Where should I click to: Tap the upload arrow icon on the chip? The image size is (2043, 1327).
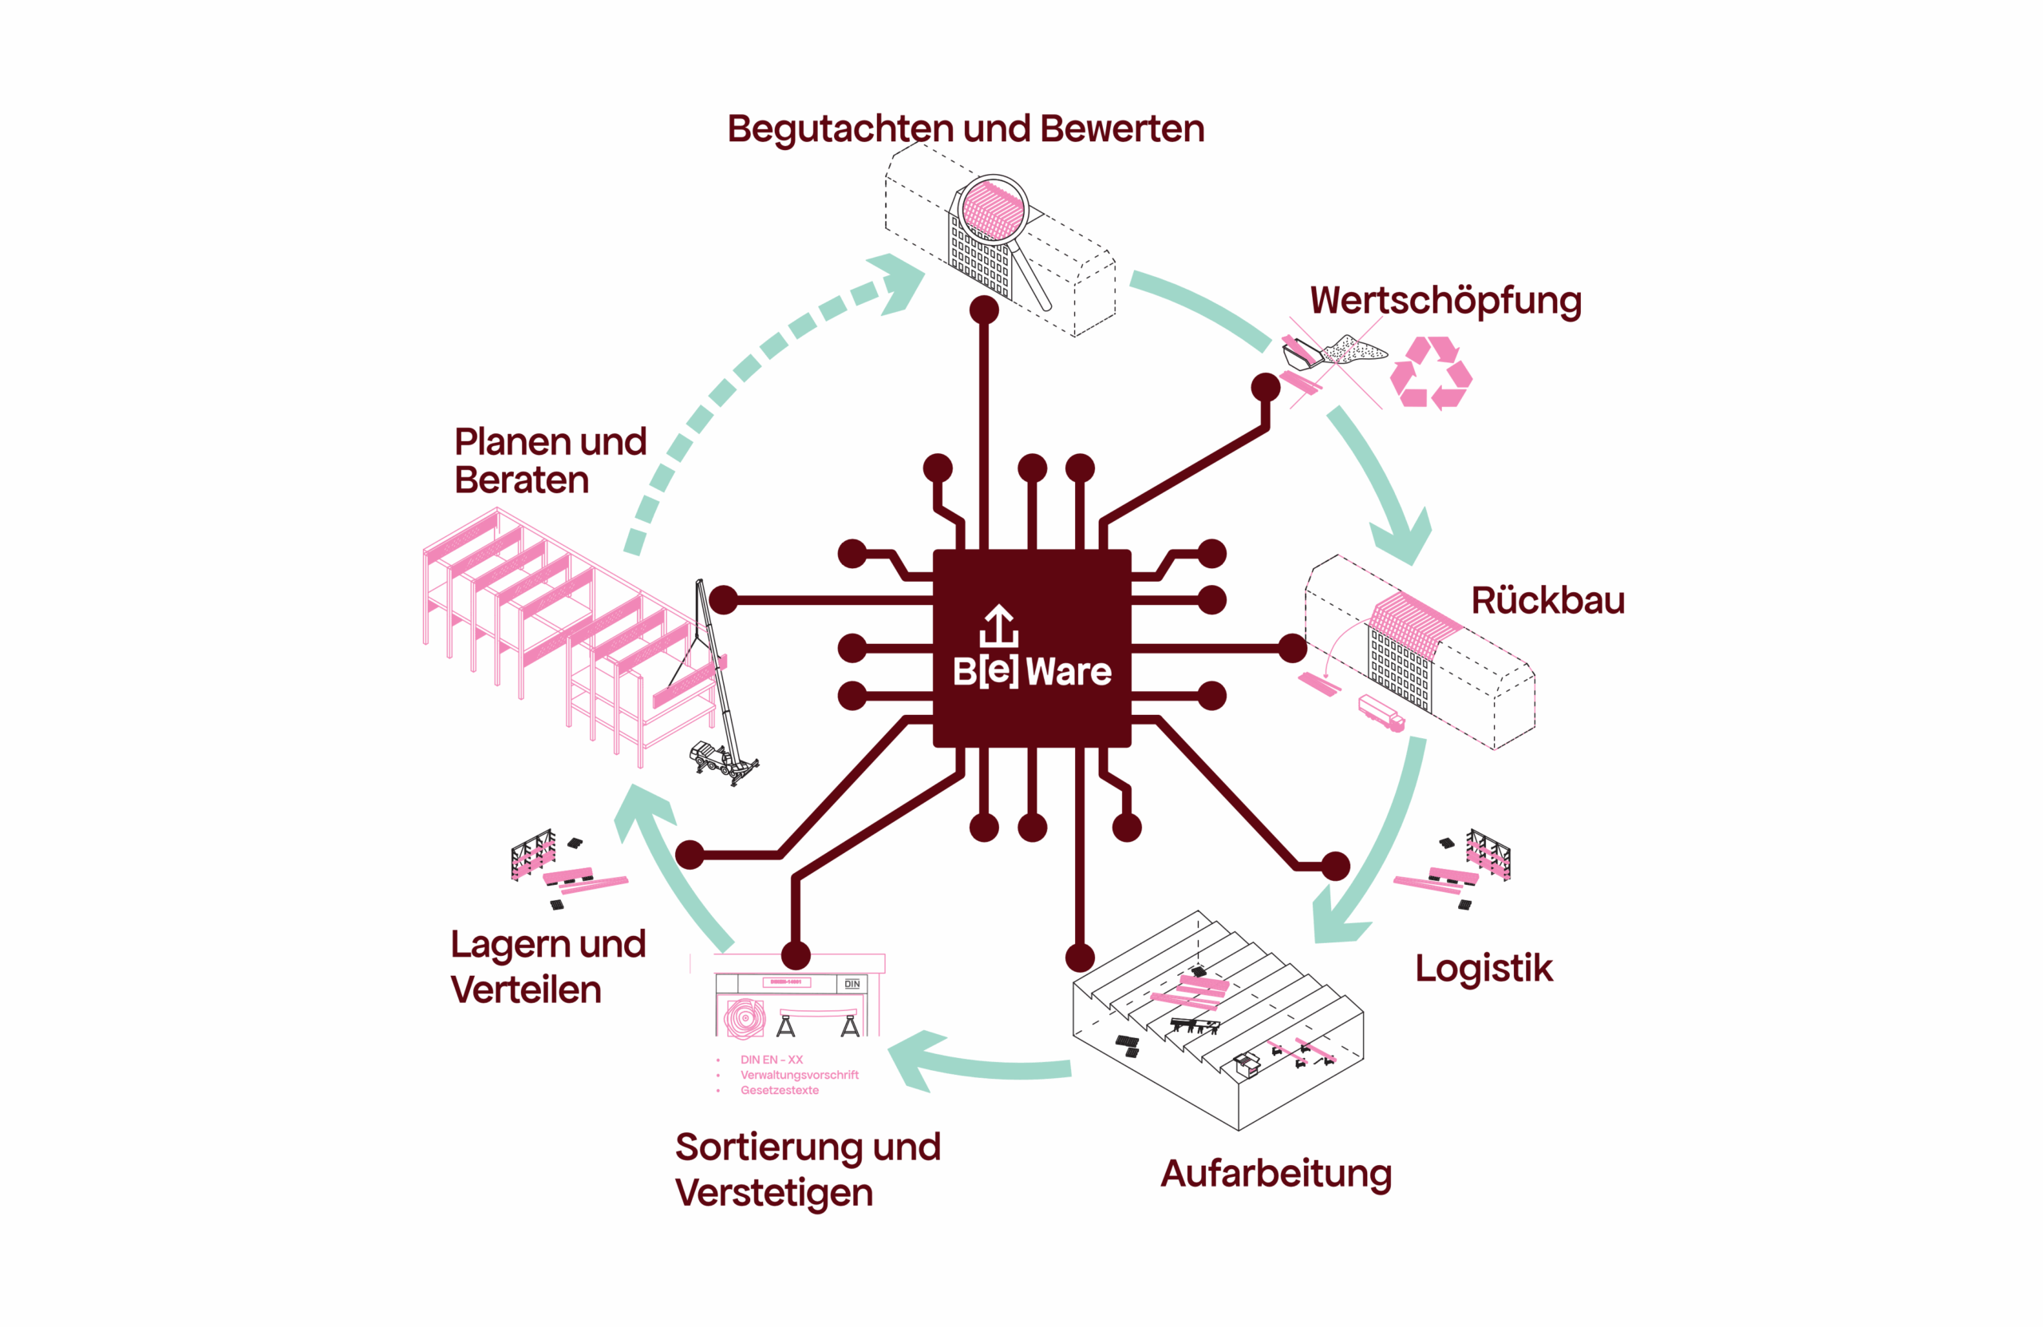[x=998, y=626]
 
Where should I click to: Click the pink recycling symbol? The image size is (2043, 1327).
[x=1430, y=373]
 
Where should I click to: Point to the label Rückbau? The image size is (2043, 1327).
[x=1547, y=600]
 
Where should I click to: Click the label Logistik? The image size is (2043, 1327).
[x=1484, y=968]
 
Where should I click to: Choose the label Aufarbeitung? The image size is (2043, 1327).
[x=1275, y=1173]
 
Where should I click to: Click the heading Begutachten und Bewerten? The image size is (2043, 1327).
[x=966, y=128]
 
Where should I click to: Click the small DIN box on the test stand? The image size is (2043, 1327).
[x=852, y=984]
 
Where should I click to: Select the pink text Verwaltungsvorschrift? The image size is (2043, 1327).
[x=799, y=1075]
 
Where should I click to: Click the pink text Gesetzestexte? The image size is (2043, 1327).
[x=780, y=1090]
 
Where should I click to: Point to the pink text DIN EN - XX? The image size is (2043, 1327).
[x=772, y=1059]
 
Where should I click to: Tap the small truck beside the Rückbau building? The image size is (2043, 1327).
[x=1381, y=713]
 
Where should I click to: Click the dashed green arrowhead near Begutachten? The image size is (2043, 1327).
[x=897, y=281]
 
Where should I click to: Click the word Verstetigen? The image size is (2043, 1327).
[x=773, y=1193]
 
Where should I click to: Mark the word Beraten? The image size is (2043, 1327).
[x=522, y=480]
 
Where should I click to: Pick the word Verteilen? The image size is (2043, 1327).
[x=525, y=989]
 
